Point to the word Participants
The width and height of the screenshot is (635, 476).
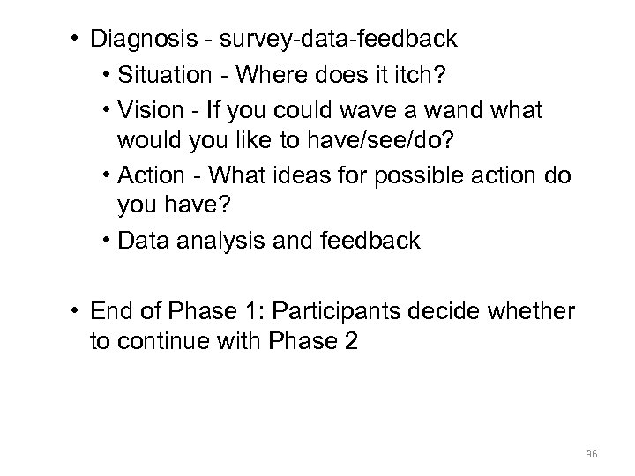tap(355, 311)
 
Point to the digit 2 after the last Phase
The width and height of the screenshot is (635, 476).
tap(351, 342)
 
